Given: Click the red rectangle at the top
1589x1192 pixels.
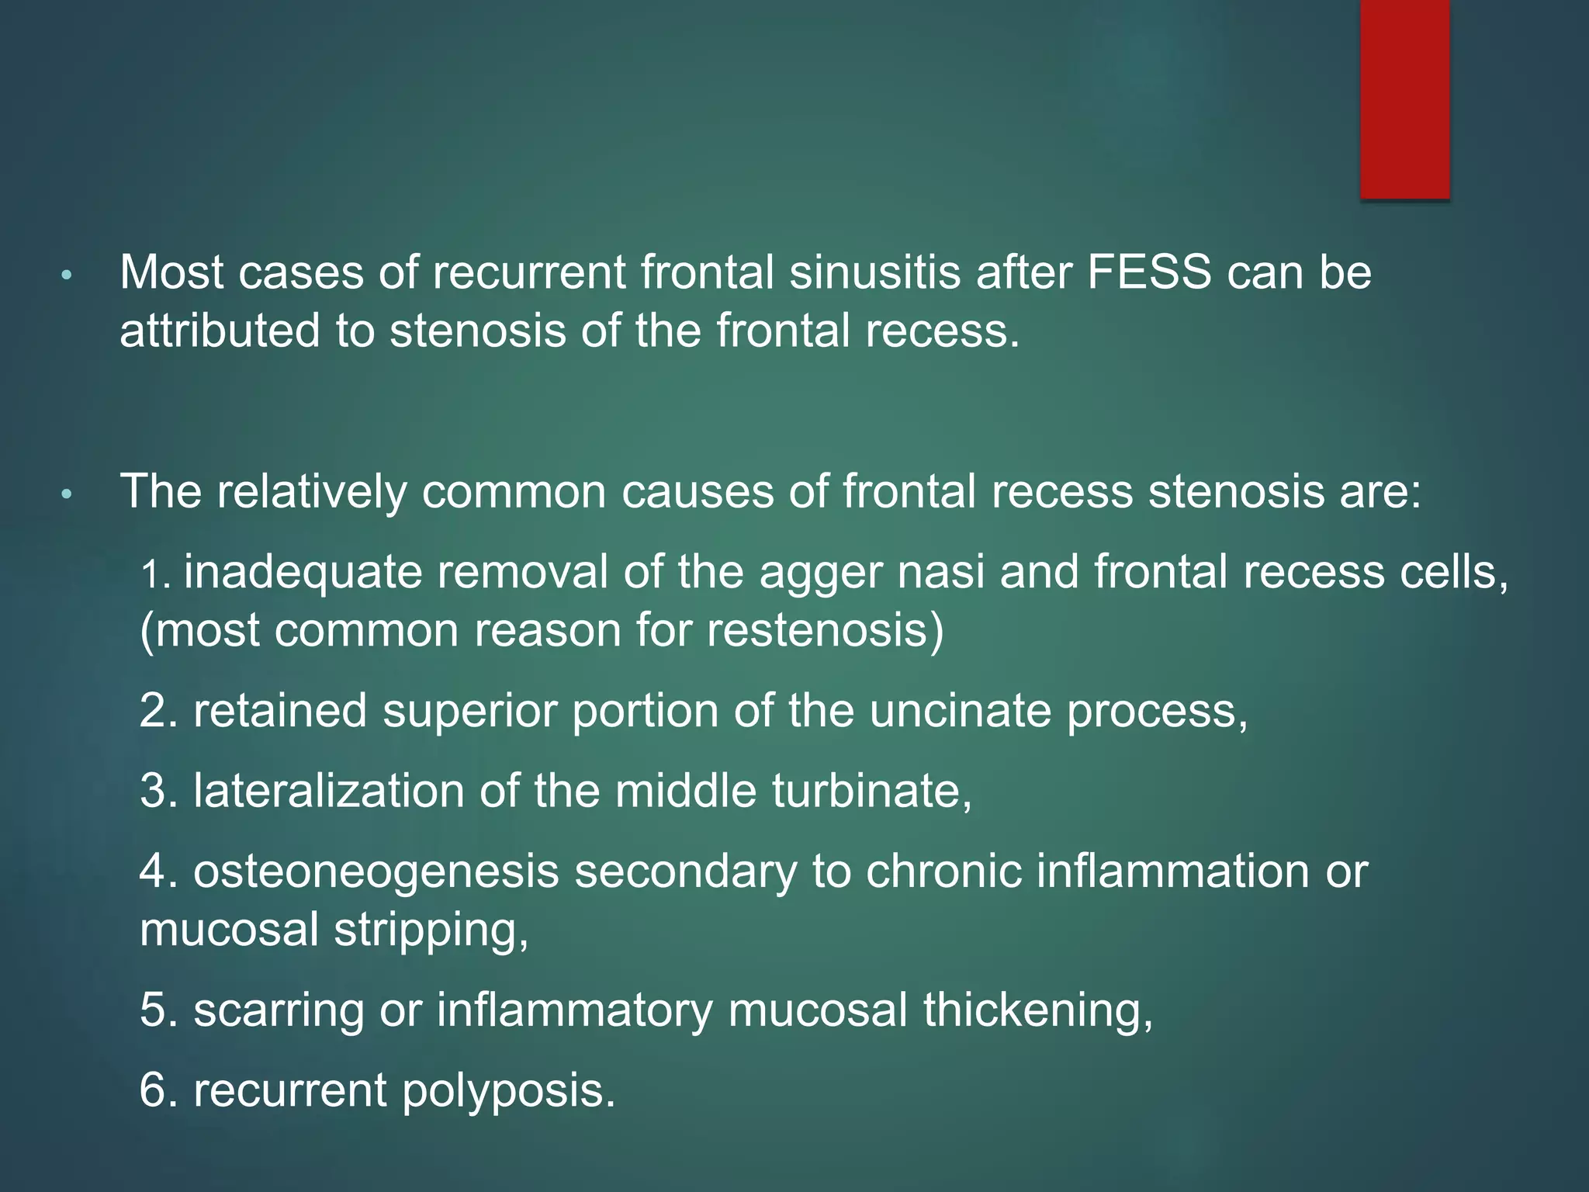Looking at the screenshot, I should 1404,99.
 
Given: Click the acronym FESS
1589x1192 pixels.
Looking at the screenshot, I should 1149,272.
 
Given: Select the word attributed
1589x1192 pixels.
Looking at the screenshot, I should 220,331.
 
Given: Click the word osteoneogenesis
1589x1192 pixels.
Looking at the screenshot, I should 376,872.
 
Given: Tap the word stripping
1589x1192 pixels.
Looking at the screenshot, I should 431,930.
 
